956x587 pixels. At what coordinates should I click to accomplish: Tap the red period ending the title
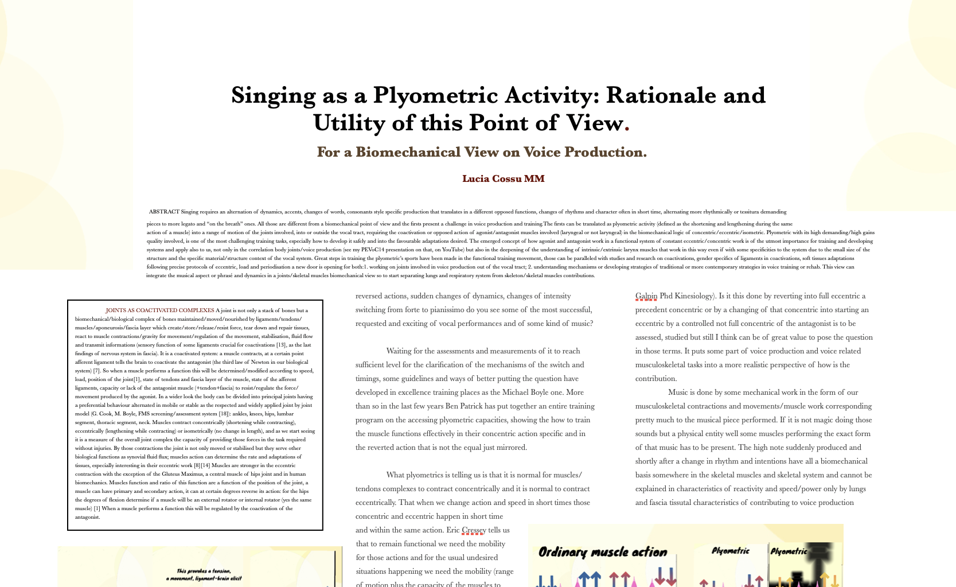[x=627, y=125]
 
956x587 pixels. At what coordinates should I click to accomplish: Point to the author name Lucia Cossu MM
[x=503, y=178]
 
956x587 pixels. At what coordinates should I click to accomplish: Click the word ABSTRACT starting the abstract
[x=164, y=212]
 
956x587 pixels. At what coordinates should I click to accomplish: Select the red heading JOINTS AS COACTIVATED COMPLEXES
[x=159, y=310]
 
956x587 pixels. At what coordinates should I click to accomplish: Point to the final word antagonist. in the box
[x=88, y=517]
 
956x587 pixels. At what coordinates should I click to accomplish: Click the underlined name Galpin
[x=646, y=296]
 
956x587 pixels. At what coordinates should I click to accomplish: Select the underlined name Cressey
[x=474, y=530]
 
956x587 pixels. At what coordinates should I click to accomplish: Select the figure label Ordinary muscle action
[x=603, y=552]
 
